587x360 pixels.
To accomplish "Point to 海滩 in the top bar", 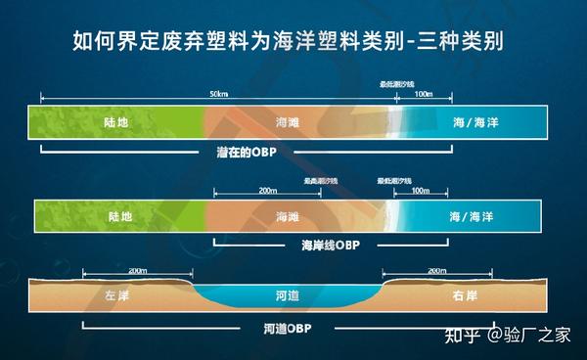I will click(x=288, y=123).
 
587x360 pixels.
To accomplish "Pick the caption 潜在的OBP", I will click(x=247, y=154).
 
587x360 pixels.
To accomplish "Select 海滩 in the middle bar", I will click(x=288, y=214).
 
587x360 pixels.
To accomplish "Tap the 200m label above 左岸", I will click(x=137, y=270).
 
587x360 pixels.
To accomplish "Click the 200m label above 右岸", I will click(x=435, y=270).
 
